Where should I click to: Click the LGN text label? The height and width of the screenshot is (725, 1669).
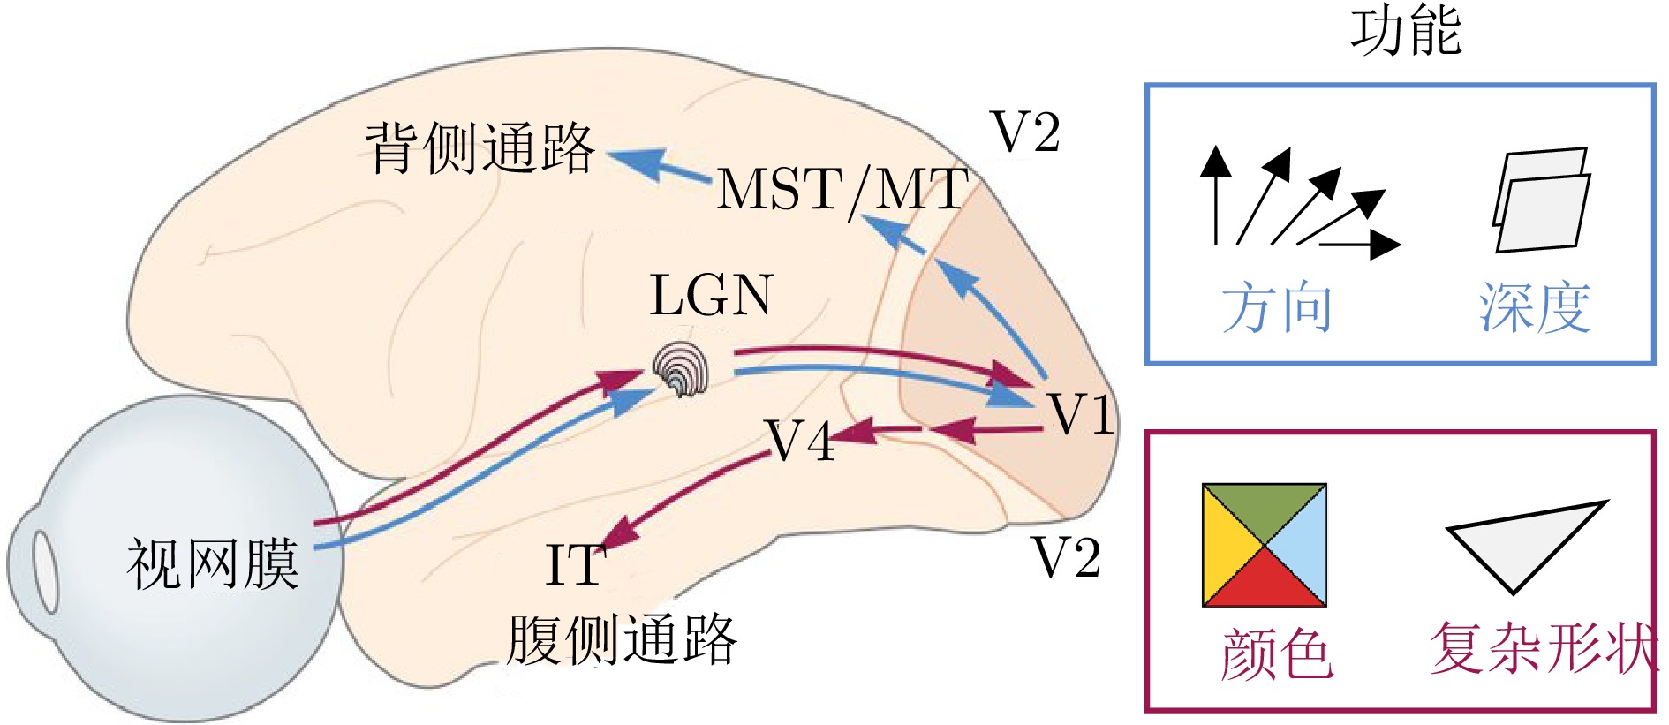coord(711,295)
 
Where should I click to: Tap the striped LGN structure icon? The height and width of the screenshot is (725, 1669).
coord(681,370)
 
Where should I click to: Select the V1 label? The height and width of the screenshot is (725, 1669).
coord(1080,413)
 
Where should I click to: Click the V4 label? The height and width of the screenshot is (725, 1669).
coord(800,441)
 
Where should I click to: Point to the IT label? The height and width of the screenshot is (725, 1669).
coord(575,565)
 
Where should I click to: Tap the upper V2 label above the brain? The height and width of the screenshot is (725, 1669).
coord(1024,132)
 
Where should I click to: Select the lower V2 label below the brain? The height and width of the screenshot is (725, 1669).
coord(1066,558)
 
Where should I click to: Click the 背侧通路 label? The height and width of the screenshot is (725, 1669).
coord(480,148)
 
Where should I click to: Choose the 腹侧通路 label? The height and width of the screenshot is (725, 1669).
coord(622,639)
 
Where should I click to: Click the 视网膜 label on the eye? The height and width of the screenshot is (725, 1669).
coord(213,564)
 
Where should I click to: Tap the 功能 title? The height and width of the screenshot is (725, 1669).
coord(1405,31)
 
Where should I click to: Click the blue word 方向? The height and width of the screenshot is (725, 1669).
coord(1277,308)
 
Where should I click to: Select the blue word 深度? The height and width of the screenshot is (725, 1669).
coord(1535,308)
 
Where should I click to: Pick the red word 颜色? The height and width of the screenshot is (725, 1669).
coord(1276,654)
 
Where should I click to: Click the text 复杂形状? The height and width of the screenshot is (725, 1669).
coord(1542,649)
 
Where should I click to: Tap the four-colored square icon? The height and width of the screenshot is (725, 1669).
coord(1264,545)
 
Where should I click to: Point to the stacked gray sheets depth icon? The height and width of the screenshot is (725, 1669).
coord(1540,200)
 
